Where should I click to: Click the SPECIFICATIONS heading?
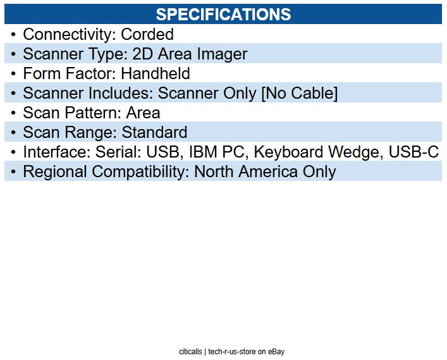tap(223, 15)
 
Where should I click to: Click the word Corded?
tap(147, 35)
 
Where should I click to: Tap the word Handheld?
tap(156, 74)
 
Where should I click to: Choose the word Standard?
tap(154, 133)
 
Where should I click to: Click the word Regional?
tap(53, 171)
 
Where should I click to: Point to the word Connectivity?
tap(69, 35)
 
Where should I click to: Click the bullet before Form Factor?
tap(13, 74)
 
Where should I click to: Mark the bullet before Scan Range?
tap(13, 133)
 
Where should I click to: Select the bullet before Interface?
tap(13, 152)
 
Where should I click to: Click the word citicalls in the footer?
tap(190, 352)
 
